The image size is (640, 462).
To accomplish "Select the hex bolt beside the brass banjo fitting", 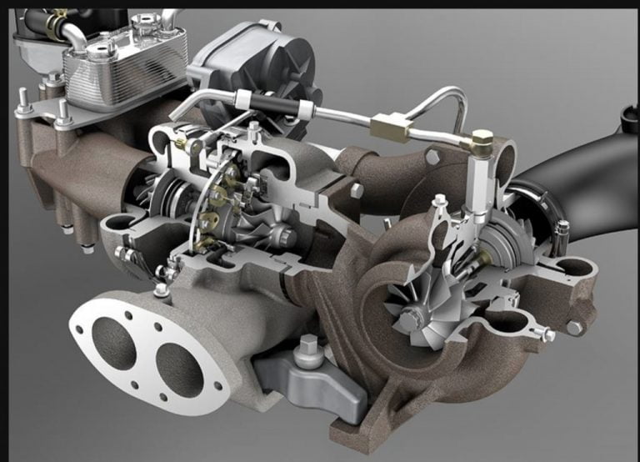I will pyautogui.click(x=432, y=156).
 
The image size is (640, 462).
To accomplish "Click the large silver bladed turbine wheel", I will pyautogui.click(x=411, y=309).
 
